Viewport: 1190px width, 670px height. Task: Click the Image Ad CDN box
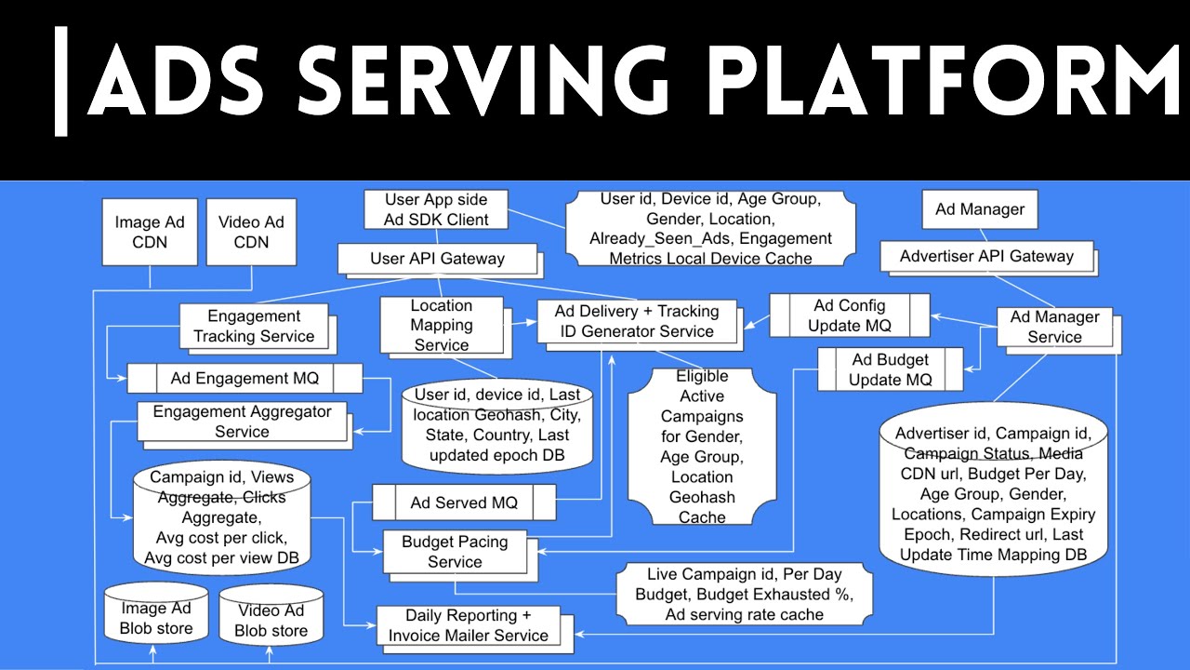click(x=150, y=232)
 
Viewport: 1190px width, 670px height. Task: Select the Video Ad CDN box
click(x=251, y=232)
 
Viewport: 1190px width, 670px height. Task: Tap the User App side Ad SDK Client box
click(x=436, y=209)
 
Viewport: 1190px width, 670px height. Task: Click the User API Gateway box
click(x=437, y=258)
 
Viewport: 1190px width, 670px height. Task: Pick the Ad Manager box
click(x=980, y=209)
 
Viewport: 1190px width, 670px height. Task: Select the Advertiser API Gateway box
click(x=986, y=256)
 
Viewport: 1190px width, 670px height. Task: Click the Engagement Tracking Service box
click(x=254, y=327)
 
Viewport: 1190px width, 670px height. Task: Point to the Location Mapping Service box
click(x=442, y=325)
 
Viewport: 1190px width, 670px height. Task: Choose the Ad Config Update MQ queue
click(x=849, y=315)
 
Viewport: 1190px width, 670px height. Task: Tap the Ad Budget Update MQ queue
click(x=890, y=369)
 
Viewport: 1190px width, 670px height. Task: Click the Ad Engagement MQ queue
click(x=245, y=379)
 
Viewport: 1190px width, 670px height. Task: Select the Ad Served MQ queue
click(x=464, y=502)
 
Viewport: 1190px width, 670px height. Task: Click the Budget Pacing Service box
click(x=455, y=552)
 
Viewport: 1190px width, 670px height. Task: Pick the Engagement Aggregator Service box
click(x=242, y=421)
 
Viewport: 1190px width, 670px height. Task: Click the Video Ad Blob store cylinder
click(x=271, y=621)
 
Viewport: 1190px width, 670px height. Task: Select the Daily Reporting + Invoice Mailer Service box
click(x=469, y=625)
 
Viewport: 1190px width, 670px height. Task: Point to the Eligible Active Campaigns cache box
click(x=702, y=446)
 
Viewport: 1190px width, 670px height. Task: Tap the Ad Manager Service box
click(x=1054, y=327)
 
